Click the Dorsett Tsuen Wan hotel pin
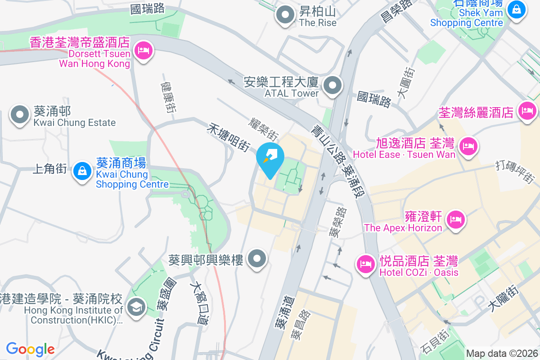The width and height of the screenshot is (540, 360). pyautogui.click(x=143, y=50)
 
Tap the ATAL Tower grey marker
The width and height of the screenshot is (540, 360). pyautogui.click(x=333, y=85)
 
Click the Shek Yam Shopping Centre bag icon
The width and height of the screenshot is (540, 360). pyautogui.click(x=516, y=9)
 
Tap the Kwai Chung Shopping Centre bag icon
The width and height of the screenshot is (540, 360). pyautogui.click(x=82, y=171)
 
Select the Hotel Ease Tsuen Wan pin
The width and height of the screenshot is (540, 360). pyautogui.click(x=468, y=146)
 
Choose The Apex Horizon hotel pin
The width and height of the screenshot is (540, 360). pyautogui.click(x=456, y=219)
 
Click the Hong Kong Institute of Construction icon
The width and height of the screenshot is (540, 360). pyautogui.click(x=135, y=308)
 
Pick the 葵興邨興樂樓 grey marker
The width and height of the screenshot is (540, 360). pyautogui.click(x=257, y=259)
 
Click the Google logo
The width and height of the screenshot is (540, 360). pyautogui.click(x=30, y=349)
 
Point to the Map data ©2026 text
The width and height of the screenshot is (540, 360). pyautogui.click(x=501, y=354)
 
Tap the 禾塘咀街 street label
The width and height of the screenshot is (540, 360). pyautogui.click(x=228, y=137)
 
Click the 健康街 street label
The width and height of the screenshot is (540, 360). pyautogui.click(x=168, y=97)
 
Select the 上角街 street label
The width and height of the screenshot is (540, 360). pyautogui.click(x=50, y=169)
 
